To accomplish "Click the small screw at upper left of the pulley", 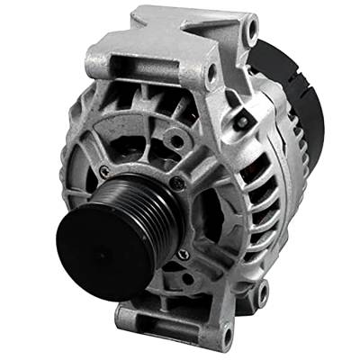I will [106, 171].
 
